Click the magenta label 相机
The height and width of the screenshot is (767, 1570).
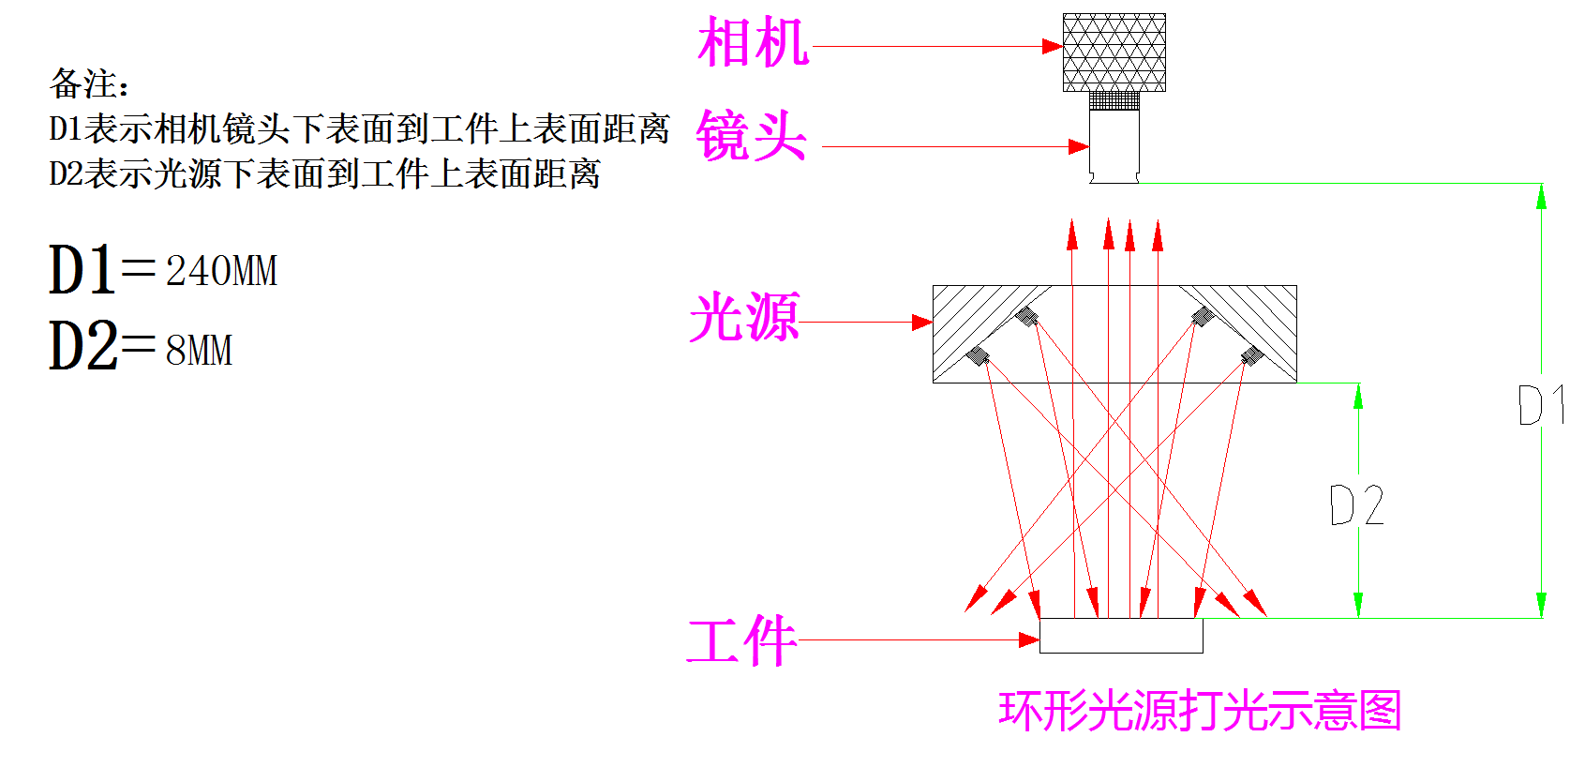(x=753, y=43)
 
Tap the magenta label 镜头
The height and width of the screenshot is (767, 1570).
(x=751, y=136)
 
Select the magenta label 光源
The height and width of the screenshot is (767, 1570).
(x=744, y=317)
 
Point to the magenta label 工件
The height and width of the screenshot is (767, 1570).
(x=741, y=641)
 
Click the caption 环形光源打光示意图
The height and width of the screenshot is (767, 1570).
(x=1200, y=711)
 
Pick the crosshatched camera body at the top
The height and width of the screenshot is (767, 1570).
(x=1114, y=53)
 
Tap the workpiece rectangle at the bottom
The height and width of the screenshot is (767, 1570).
(x=1121, y=636)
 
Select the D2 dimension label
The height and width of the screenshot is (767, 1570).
(x=1356, y=505)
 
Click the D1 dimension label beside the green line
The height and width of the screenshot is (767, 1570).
(x=1538, y=405)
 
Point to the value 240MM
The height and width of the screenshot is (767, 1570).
(x=222, y=272)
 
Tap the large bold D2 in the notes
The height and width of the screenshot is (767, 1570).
(x=82, y=346)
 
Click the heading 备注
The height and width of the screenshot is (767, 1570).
(x=89, y=84)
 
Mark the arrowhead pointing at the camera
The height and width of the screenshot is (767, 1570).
(x=1053, y=46)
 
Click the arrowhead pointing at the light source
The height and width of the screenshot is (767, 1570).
(x=922, y=323)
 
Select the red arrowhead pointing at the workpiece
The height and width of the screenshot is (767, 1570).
(x=1029, y=640)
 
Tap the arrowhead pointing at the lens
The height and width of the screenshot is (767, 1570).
(x=1079, y=146)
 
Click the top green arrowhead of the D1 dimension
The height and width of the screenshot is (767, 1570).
(x=1541, y=196)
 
